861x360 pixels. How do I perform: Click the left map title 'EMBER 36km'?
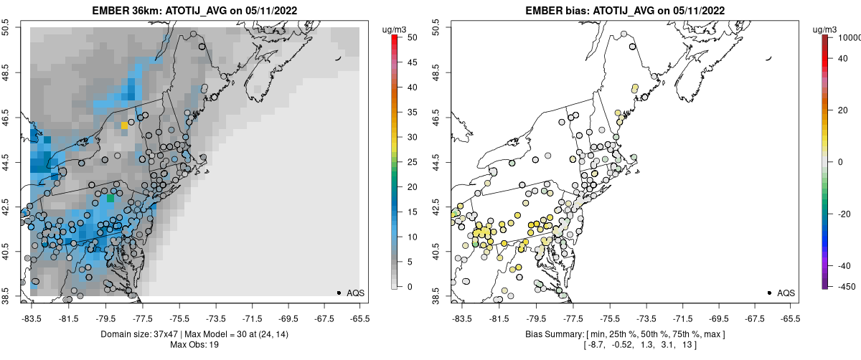pos(126,11)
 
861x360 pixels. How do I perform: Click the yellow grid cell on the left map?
pos(124,125)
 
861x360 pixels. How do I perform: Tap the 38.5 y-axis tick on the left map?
pos(6,295)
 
